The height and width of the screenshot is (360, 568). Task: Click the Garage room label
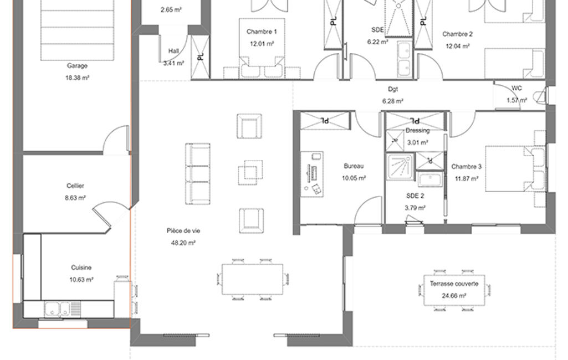(77, 66)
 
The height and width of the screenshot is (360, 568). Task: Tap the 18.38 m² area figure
(77, 78)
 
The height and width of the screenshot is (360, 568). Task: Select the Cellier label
(75, 186)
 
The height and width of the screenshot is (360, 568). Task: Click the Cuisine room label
(81, 268)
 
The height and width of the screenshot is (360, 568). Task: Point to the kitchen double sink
(57, 309)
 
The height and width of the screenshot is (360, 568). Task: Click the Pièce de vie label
(183, 231)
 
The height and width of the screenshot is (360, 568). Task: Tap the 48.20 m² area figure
(183, 243)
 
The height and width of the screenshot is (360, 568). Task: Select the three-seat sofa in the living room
(198, 174)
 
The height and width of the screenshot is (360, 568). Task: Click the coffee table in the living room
(250, 172)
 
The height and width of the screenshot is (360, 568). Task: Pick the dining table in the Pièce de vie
(253, 279)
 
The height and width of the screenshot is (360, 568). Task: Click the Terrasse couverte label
(454, 284)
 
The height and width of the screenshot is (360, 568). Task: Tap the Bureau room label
(354, 166)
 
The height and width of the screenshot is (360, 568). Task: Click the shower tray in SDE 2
(400, 167)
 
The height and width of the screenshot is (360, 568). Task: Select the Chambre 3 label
(467, 167)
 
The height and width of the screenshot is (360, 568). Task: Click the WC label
(517, 88)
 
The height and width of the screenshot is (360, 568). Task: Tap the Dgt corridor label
(393, 89)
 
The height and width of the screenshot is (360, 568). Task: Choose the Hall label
(173, 51)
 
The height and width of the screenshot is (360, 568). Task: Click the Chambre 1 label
(262, 32)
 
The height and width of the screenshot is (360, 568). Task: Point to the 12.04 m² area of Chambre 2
(458, 46)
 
